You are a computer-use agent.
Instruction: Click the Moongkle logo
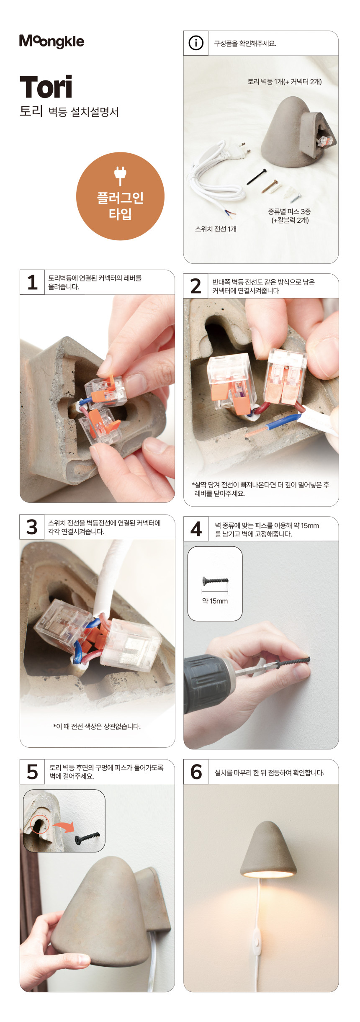click(51, 41)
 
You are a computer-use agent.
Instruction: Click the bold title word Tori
click(46, 87)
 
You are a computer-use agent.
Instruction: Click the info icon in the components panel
click(196, 43)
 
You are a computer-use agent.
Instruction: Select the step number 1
click(32, 282)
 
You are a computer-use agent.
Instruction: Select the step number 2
click(196, 286)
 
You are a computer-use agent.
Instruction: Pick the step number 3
click(32, 527)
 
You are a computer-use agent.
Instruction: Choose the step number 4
click(196, 529)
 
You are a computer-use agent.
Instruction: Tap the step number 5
click(32, 772)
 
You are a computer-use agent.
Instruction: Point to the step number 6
click(196, 772)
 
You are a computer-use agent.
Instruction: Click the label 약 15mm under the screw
click(215, 601)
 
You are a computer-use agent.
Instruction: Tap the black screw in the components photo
click(257, 177)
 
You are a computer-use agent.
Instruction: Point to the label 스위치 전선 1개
click(216, 229)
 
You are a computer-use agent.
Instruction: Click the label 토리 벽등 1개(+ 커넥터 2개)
click(285, 82)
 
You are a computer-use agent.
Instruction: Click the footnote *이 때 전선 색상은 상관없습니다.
click(97, 726)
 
